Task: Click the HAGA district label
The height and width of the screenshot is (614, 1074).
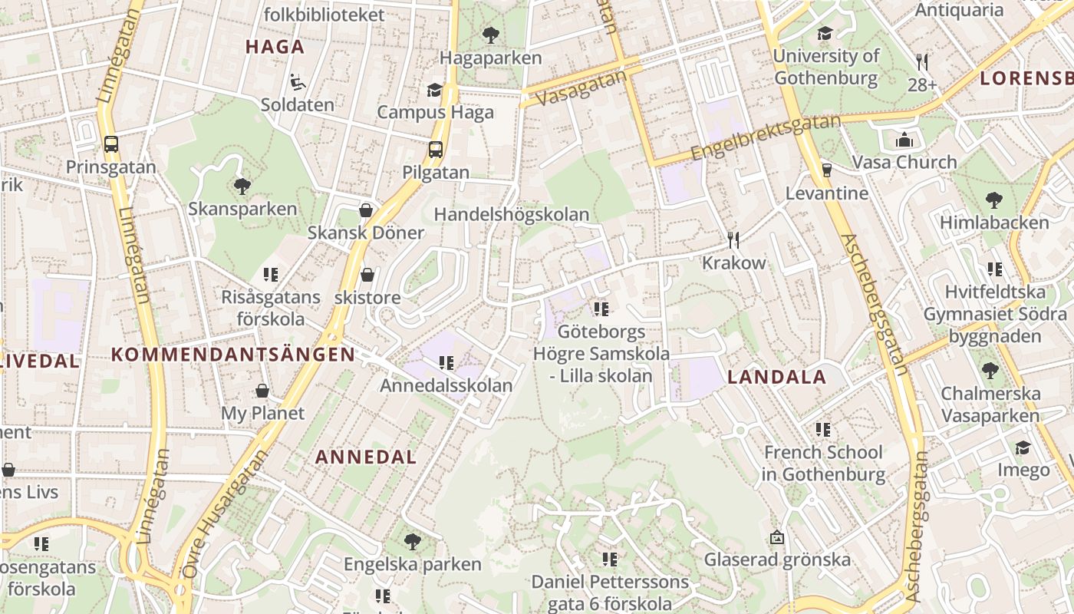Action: [275, 47]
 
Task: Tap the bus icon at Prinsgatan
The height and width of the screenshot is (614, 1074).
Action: [111, 144]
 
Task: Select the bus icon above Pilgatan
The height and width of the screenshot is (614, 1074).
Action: [436, 149]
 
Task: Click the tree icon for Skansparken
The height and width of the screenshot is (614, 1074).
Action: [242, 185]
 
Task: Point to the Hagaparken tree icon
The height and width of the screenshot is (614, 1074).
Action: [490, 35]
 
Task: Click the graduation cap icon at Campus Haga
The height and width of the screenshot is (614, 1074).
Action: [435, 90]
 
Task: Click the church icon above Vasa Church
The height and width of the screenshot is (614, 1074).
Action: [904, 140]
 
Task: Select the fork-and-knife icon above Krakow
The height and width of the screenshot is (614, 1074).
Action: [733, 239]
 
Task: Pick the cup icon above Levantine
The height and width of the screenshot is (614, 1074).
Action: [826, 170]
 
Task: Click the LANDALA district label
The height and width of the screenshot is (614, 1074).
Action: [776, 377]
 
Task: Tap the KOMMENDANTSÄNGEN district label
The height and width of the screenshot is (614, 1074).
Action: [233, 355]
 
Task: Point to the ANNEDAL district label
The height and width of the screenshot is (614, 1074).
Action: [366, 457]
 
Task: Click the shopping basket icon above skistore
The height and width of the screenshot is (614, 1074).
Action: [367, 274]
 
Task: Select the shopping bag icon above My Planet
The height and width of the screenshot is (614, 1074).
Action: [262, 391]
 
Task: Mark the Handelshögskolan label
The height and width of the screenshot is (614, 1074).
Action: [512, 215]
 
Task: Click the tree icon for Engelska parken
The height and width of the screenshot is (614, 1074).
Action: [412, 541]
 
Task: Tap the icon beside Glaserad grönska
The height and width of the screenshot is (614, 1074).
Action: [777, 537]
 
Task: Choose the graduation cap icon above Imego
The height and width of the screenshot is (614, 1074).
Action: [1023, 447]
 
